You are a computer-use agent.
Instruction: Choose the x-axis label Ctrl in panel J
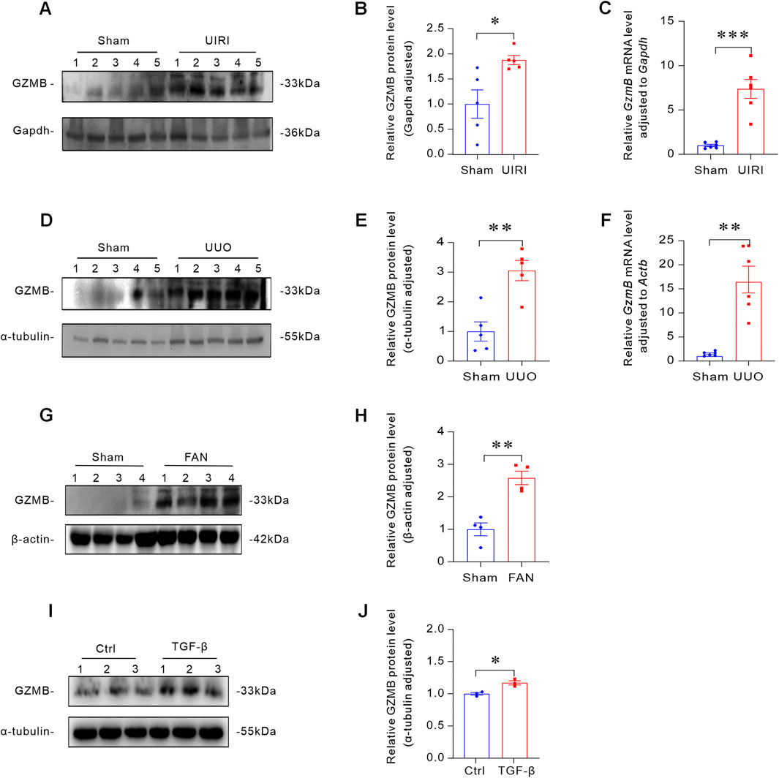point(480,770)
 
